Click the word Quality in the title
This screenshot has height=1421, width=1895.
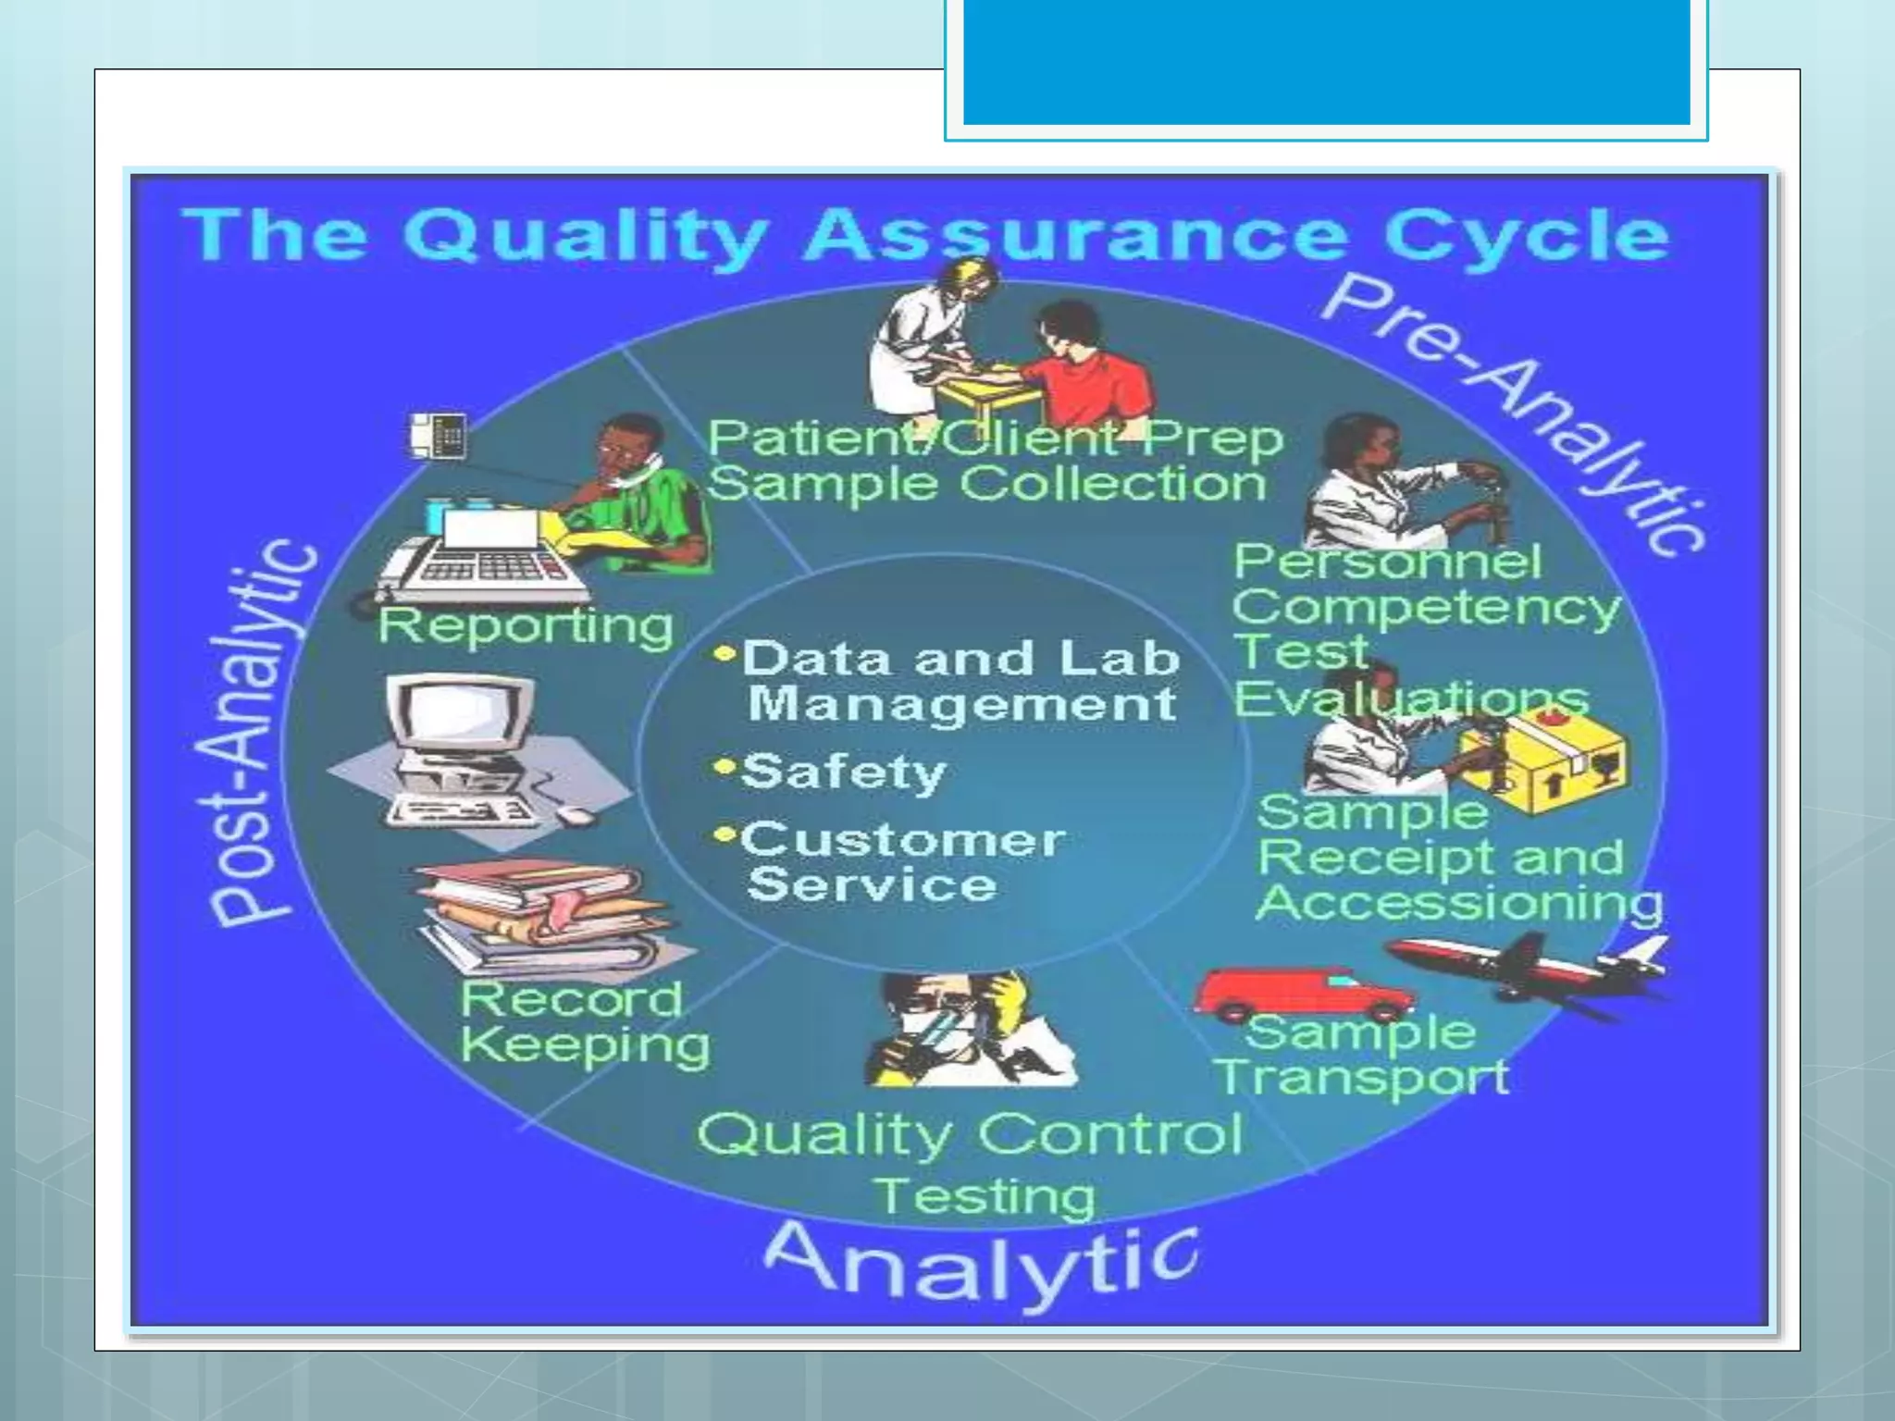[585, 237]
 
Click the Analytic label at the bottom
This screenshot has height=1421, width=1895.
[981, 1261]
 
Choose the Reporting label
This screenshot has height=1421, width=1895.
[526, 626]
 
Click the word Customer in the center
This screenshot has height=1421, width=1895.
[902, 840]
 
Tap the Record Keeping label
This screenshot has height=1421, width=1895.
[583, 1022]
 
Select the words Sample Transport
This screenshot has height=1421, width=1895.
[1360, 1055]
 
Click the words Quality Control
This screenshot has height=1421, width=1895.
[970, 1134]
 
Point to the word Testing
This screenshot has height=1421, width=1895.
[984, 1196]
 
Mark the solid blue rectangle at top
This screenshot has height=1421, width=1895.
[1327, 62]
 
